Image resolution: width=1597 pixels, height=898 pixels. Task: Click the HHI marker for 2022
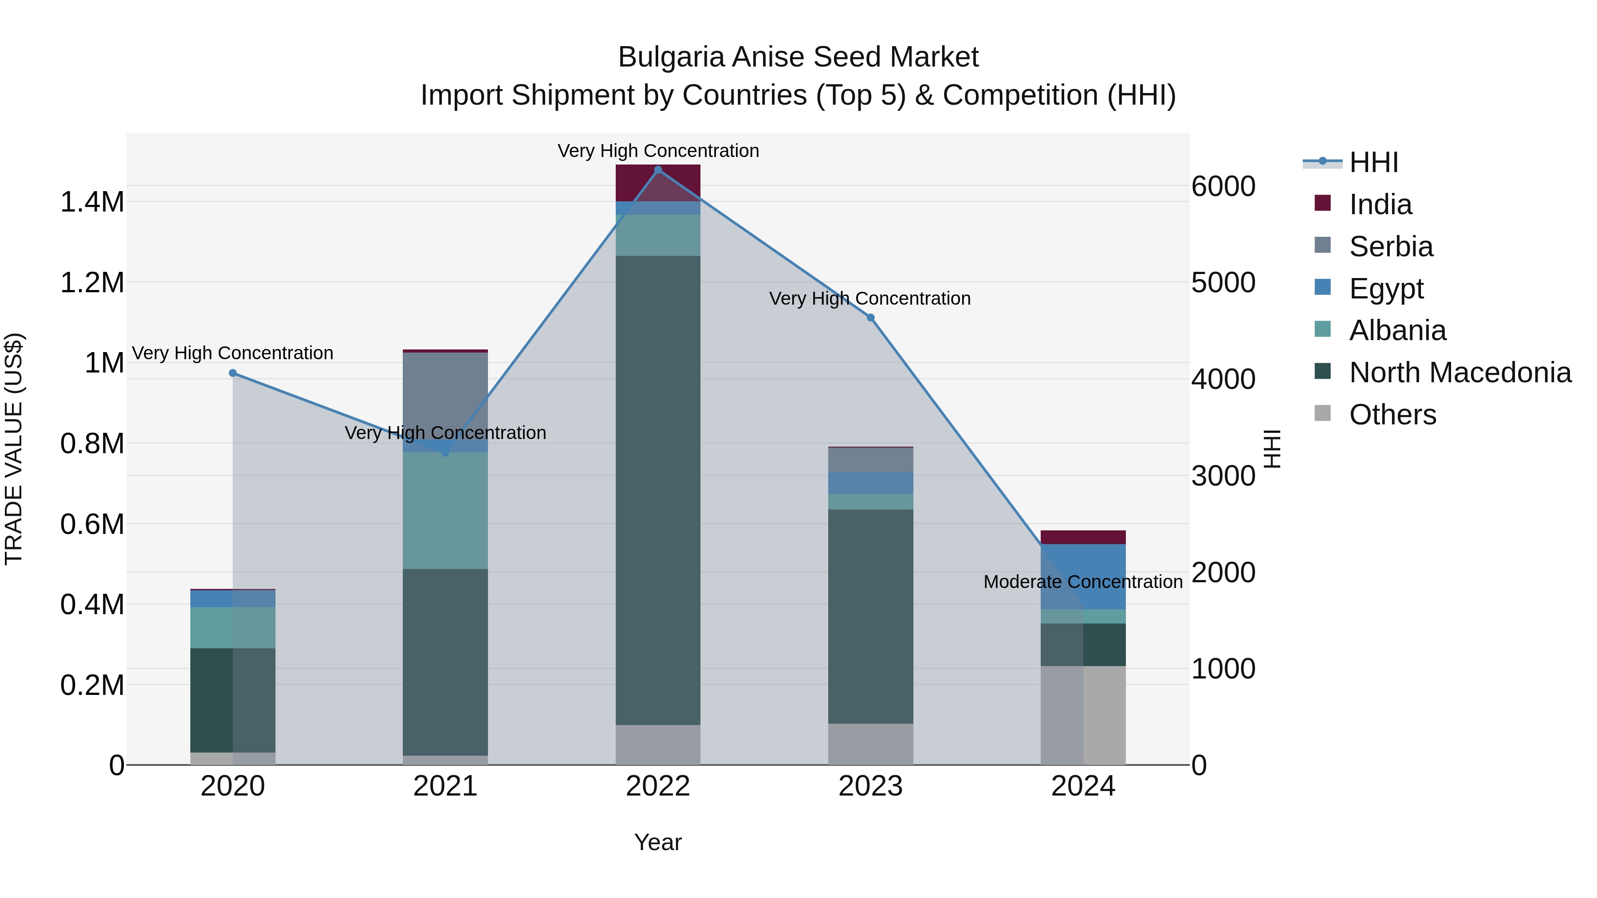tap(658, 169)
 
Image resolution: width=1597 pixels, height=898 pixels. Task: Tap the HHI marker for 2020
tap(232, 373)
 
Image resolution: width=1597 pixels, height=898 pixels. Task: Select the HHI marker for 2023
tap(870, 318)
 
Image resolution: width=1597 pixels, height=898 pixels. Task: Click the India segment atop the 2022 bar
tap(658, 183)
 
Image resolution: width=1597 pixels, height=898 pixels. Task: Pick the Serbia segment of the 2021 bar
tap(445, 396)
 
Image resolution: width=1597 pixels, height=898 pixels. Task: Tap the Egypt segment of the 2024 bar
tap(1083, 576)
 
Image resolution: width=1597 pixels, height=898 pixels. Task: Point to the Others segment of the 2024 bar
tap(1083, 715)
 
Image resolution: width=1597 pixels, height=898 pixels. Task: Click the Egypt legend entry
tap(1386, 288)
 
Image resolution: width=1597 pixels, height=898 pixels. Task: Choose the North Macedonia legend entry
tap(1459, 373)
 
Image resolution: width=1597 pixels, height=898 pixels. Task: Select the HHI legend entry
tap(1373, 162)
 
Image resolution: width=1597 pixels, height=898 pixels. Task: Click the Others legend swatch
tap(1322, 413)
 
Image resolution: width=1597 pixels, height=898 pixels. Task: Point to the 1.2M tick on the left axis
tap(92, 282)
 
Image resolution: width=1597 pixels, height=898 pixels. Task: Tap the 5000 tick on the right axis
tap(1223, 282)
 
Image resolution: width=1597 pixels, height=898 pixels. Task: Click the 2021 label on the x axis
tap(445, 786)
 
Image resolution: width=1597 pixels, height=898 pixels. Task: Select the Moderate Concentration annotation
tap(1083, 582)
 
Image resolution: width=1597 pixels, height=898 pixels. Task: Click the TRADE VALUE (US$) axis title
tap(14, 449)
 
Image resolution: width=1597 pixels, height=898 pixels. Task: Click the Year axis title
tap(658, 842)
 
